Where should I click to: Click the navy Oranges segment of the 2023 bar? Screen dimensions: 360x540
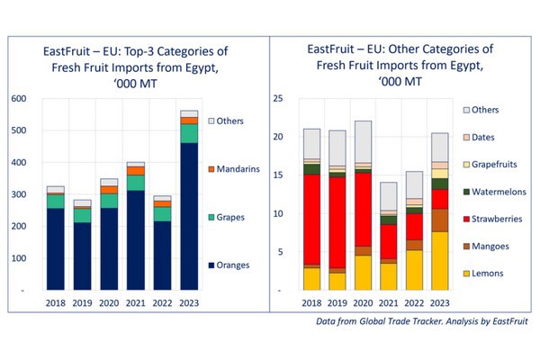(189, 216)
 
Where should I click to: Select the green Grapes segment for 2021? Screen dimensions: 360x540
(136, 183)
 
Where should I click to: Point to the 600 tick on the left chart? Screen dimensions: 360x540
(18, 98)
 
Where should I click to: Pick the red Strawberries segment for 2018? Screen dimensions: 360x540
(311, 220)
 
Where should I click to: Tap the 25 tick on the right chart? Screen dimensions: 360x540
(278, 98)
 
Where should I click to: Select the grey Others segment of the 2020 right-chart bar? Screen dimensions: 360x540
(363, 141)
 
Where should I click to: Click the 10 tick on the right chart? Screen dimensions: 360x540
(278, 214)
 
